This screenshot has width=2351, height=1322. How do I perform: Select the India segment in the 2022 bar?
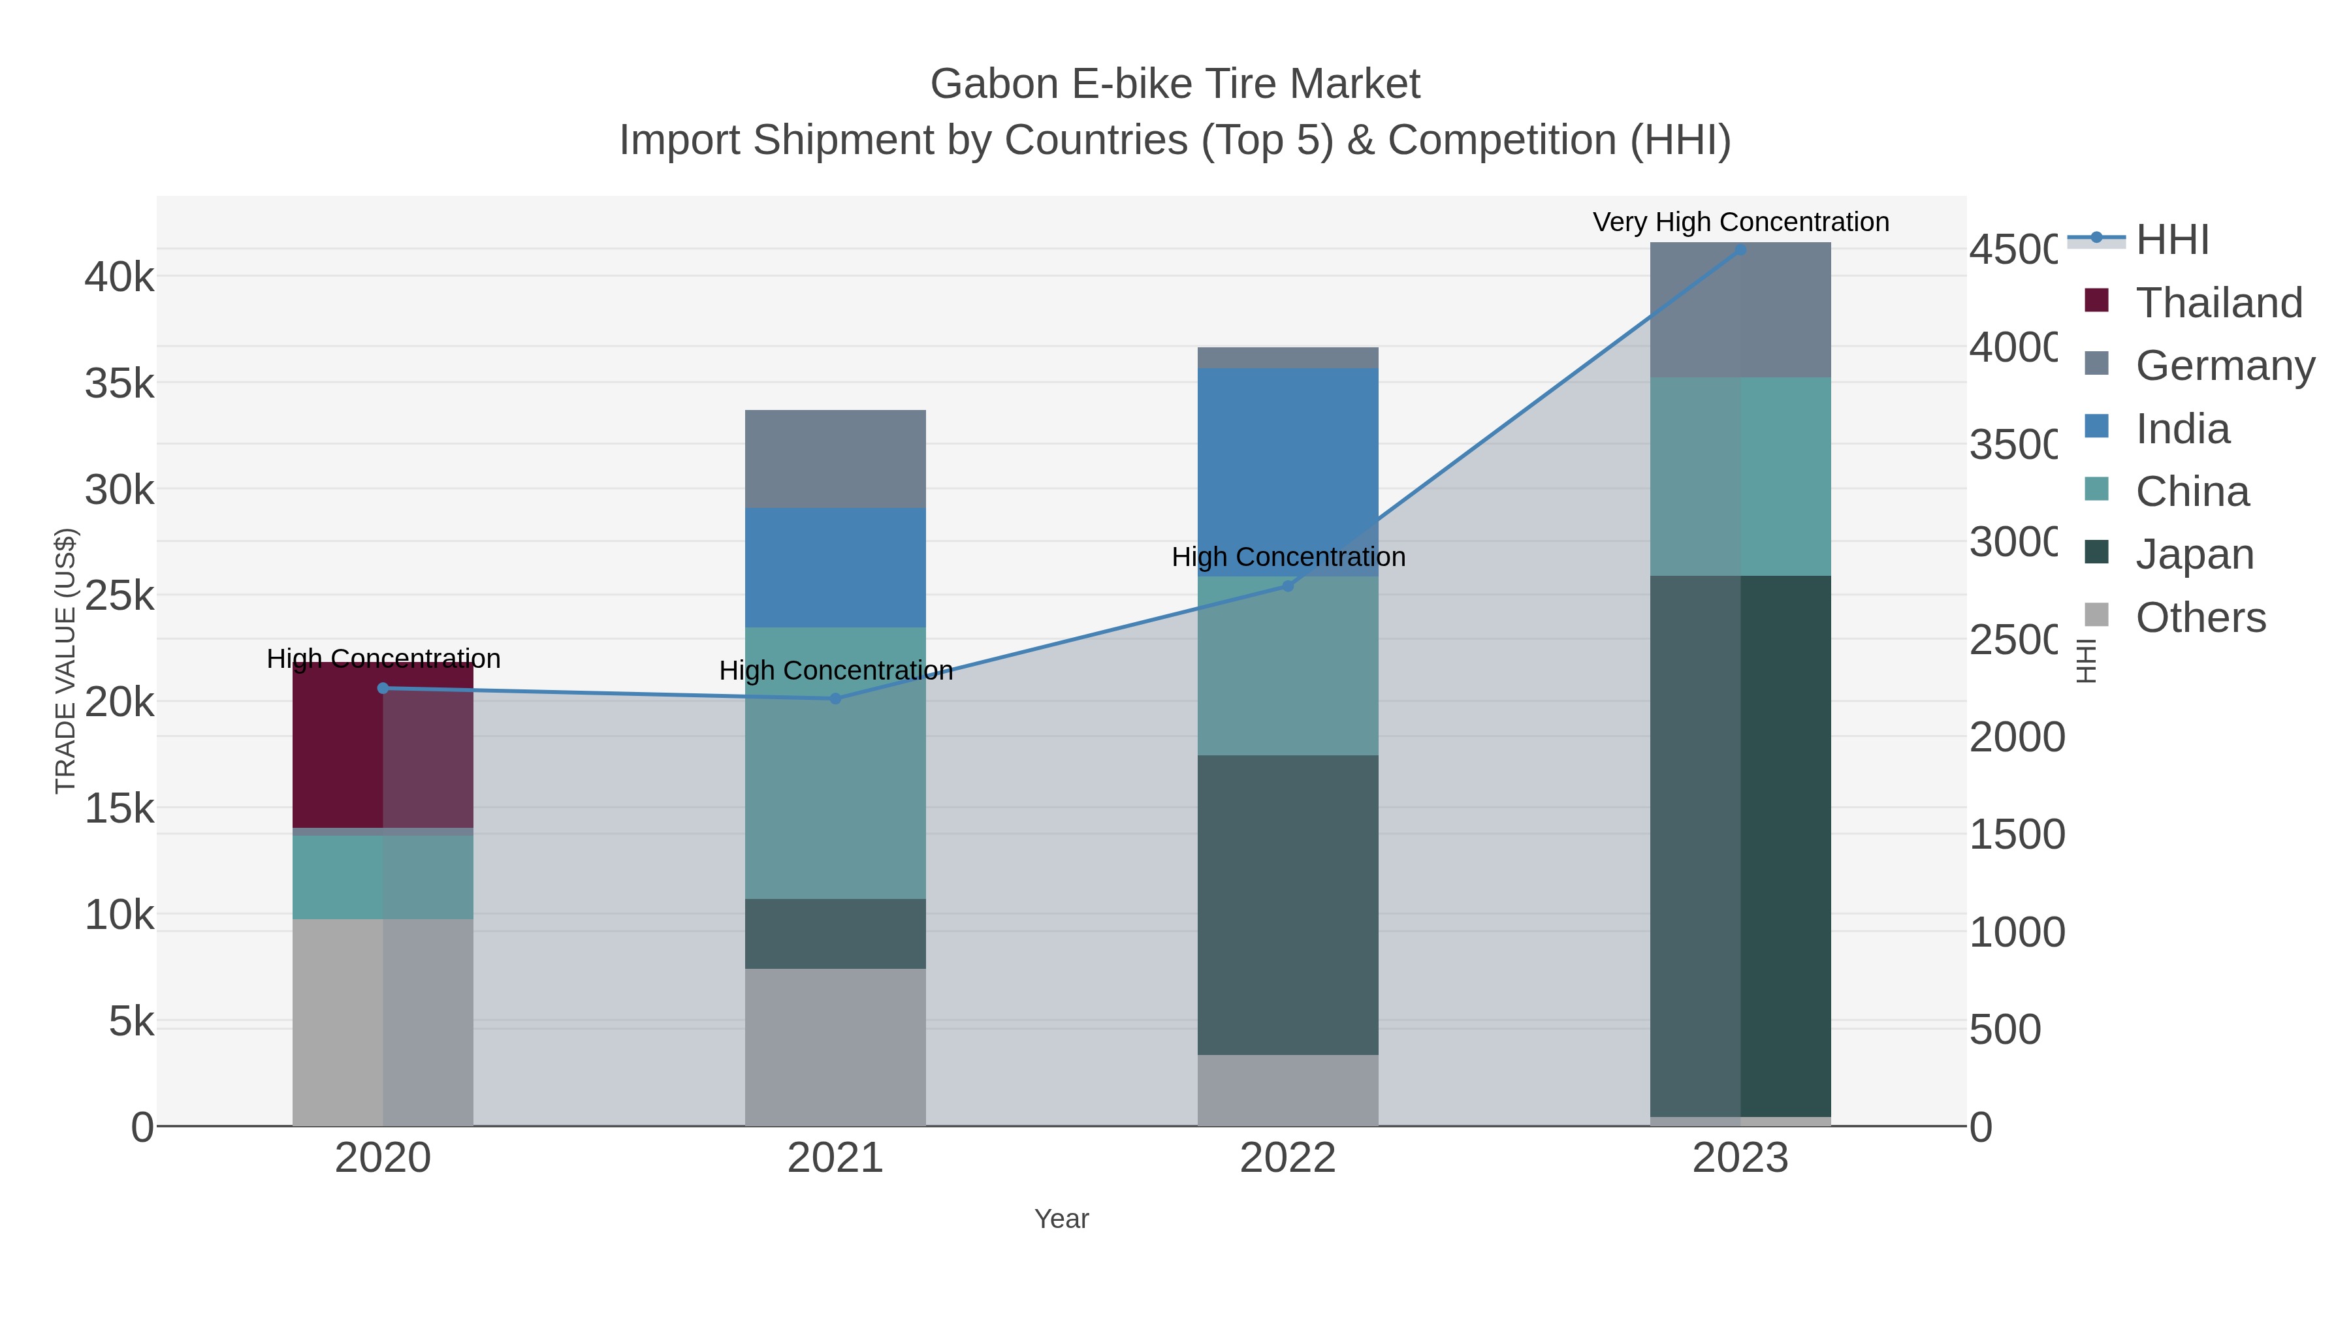[1288, 456]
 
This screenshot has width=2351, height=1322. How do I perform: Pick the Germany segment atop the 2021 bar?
[835, 459]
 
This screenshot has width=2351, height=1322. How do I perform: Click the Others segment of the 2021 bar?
[835, 1047]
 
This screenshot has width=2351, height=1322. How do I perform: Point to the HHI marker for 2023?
[1740, 249]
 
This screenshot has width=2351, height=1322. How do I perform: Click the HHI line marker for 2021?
[835, 699]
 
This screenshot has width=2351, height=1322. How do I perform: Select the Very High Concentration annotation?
[1740, 222]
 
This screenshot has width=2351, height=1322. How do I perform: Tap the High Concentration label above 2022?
[1288, 556]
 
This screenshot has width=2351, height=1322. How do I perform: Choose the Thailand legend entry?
[2218, 302]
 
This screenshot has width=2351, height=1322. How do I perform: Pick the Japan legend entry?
[2194, 554]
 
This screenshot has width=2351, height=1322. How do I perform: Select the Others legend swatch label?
[2200, 618]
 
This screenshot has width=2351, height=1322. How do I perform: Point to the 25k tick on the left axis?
[120, 596]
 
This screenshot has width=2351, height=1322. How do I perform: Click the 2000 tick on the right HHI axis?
[2016, 736]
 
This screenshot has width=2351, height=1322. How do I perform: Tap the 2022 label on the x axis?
[1288, 1157]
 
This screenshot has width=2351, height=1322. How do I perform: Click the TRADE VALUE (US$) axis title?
[66, 661]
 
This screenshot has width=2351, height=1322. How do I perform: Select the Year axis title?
[1061, 1218]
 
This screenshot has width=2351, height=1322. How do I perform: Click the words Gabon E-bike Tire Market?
[1175, 84]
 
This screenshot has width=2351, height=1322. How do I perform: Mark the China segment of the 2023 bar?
[1740, 477]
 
